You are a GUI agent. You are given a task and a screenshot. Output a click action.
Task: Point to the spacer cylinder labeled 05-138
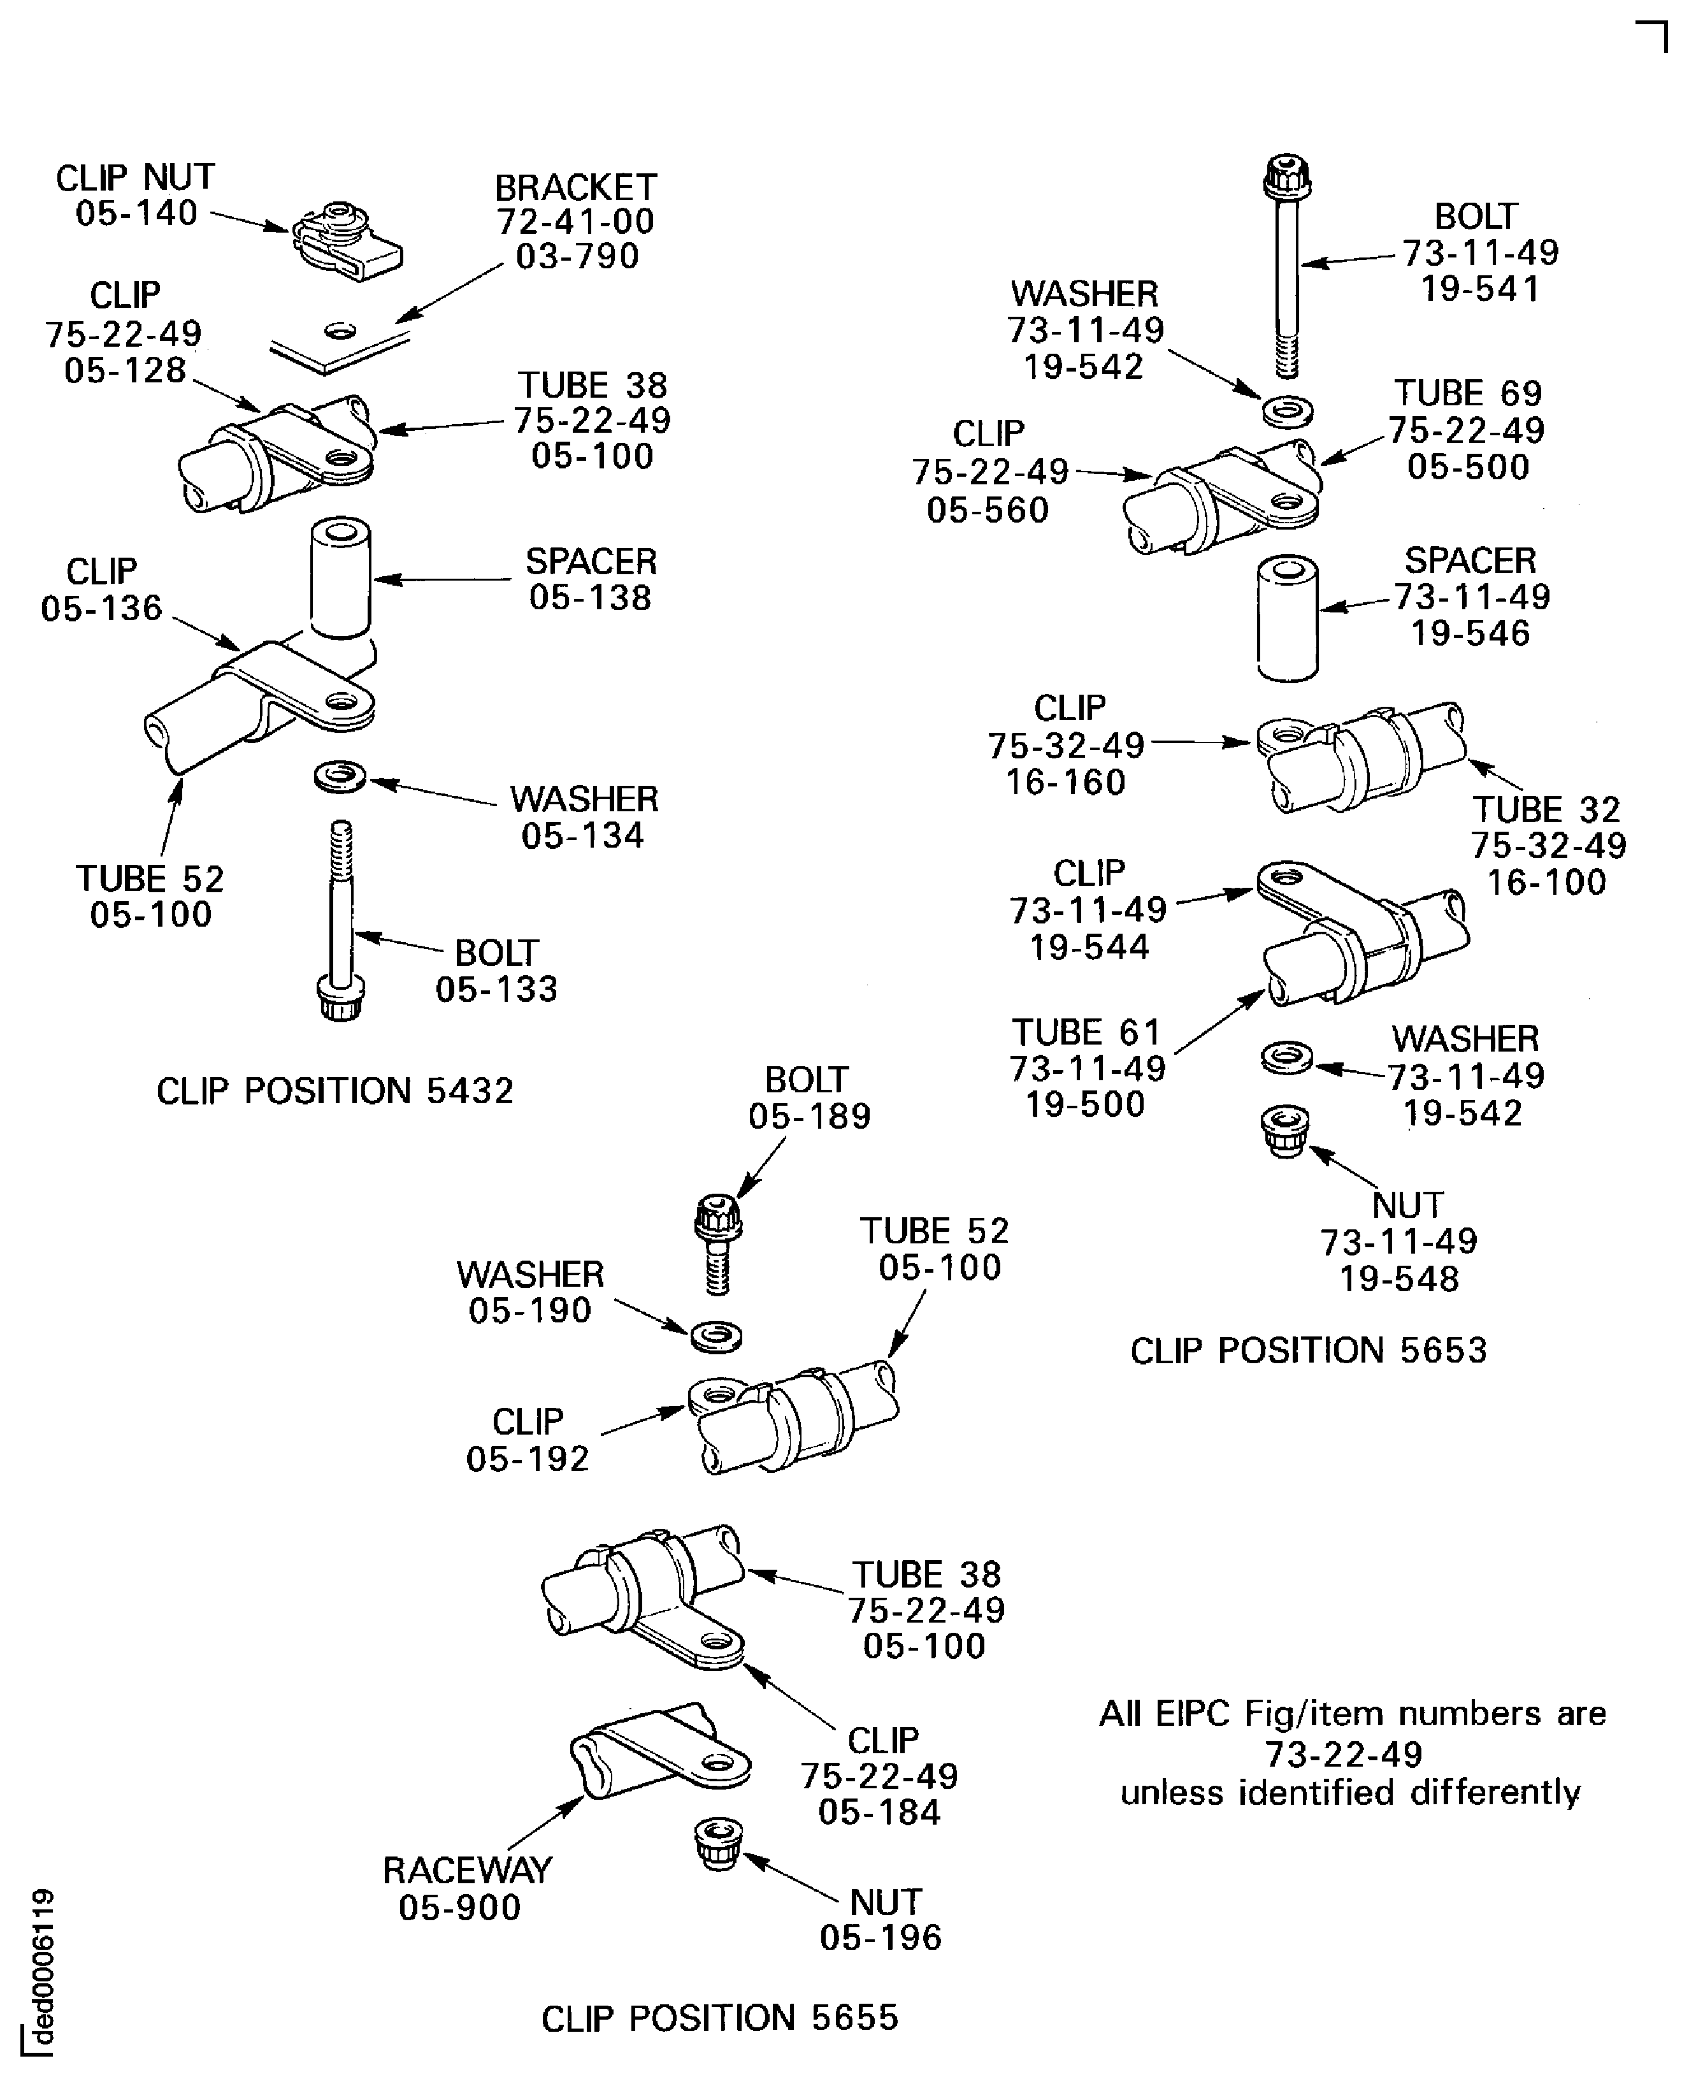point(340,578)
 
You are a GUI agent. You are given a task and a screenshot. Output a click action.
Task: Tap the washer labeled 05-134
point(340,777)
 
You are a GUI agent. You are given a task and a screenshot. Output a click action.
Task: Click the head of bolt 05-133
point(340,999)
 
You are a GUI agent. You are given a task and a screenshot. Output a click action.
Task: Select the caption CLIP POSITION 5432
point(334,1091)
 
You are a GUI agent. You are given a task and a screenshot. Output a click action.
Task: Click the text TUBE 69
point(1467,393)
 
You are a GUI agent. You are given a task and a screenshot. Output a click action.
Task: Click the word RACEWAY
point(467,1870)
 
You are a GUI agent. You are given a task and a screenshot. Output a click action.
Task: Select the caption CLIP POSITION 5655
point(719,2018)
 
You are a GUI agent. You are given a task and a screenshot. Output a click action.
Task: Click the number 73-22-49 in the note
point(1344,1754)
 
